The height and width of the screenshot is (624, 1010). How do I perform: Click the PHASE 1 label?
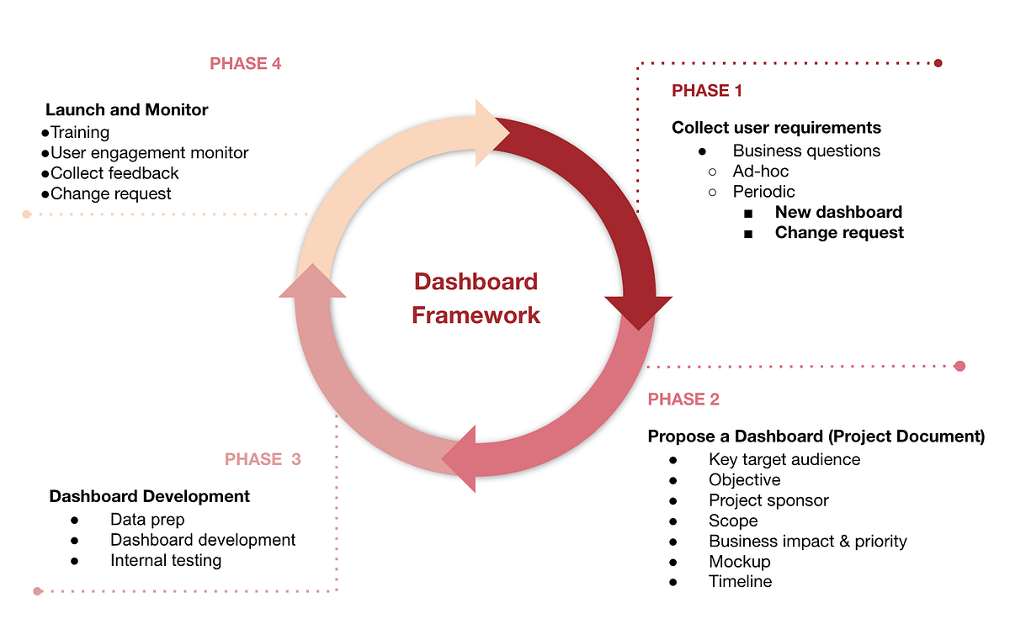coord(707,91)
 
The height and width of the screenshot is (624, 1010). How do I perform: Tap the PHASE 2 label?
coord(683,399)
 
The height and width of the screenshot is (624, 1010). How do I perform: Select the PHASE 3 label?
coord(263,459)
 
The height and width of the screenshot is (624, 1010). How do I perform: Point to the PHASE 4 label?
coord(245,64)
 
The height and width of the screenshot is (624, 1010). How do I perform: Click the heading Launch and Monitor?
coord(126,110)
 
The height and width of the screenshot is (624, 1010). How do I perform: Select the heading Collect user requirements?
coord(776,128)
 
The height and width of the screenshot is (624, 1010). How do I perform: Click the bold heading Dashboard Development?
coord(150,496)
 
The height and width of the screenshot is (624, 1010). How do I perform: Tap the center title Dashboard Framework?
coord(476,299)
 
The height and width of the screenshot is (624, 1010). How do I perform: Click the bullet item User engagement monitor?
coord(149,153)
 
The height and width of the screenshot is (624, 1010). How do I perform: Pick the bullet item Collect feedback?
coord(114,173)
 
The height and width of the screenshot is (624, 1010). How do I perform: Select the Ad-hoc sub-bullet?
coord(761,172)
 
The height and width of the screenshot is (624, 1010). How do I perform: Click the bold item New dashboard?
coord(838,212)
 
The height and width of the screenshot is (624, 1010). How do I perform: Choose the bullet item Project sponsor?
coord(768,500)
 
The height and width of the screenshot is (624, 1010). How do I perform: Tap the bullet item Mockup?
coord(739,561)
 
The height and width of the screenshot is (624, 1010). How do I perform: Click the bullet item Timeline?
coord(740,581)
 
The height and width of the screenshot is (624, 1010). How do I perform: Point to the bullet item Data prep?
coord(147,520)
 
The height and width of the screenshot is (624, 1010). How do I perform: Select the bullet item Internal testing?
coord(166,560)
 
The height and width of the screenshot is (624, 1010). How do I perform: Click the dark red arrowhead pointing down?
coord(639,310)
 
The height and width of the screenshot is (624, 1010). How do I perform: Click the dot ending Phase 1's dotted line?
coord(938,63)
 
